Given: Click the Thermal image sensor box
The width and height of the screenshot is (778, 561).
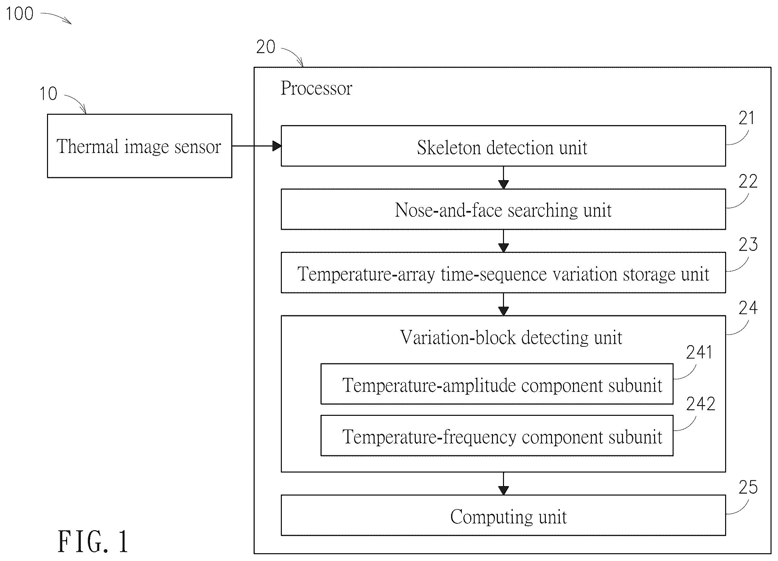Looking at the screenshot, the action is [x=140, y=146].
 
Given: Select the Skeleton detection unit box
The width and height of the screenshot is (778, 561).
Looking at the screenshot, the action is [x=503, y=146].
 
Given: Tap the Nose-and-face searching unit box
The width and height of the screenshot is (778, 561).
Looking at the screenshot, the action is [x=503, y=209].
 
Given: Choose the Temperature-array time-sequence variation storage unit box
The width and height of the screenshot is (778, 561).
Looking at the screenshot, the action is [x=503, y=273].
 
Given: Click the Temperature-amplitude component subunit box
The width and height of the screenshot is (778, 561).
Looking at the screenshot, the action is [x=497, y=384].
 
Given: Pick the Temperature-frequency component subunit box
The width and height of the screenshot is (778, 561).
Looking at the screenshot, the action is [x=497, y=436].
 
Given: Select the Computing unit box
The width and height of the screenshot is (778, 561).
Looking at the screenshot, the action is [x=503, y=515].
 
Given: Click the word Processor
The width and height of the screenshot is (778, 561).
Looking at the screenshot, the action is [x=316, y=88].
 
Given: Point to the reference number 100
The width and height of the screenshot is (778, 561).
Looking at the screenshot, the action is [x=19, y=14].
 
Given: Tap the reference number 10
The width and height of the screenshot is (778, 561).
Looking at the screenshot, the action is [x=48, y=94].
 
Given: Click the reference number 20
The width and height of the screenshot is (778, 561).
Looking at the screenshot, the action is [x=266, y=47].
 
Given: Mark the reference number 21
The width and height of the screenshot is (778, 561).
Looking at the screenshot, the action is [x=747, y=118].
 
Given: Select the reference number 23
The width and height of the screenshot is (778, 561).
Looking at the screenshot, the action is [x=748, y=245].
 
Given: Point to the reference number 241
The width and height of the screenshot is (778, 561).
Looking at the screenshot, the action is [x=699, y=353].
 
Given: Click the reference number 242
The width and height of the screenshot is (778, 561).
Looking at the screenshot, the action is [x=700, y=404].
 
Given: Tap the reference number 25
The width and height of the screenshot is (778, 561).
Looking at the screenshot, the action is [x=748, y=488].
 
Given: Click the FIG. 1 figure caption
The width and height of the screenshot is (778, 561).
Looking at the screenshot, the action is [x=93, y=542].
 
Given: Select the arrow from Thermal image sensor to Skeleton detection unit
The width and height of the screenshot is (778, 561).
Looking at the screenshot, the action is [x=257, y=146].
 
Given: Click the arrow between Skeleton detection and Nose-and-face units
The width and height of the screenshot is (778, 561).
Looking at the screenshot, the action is [x=503, y=178].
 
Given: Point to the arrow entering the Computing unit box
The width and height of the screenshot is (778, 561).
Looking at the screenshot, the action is [x=503, y=484].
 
